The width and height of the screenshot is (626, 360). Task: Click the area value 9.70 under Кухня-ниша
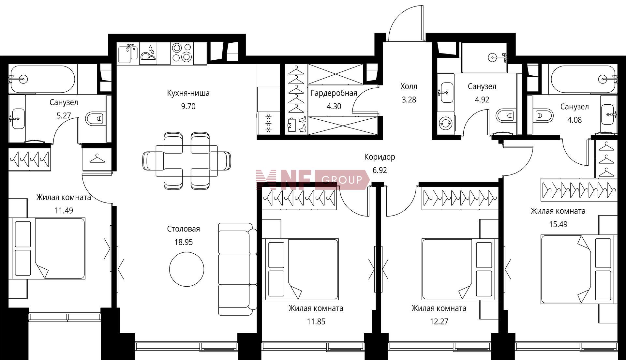click(188, 107)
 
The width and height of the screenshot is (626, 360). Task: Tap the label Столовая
click(183, 229)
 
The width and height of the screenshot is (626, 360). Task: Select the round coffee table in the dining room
click(186, 269)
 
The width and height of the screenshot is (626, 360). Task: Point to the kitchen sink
click(128, 53)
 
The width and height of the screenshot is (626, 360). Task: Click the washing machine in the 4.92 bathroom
click(445, 123)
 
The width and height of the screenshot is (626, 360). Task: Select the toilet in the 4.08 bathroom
click(544, 116)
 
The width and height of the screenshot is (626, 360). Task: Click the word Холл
click(409, 86)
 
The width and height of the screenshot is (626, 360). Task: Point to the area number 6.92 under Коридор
click(380, 170)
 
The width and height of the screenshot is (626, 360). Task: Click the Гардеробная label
click(334, 93)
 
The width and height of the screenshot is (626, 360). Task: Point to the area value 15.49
click(558, 224)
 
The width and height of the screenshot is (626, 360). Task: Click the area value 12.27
click(439, 322)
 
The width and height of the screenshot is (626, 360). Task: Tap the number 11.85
click(316, 322)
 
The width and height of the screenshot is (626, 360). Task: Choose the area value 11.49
click(64, 211)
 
